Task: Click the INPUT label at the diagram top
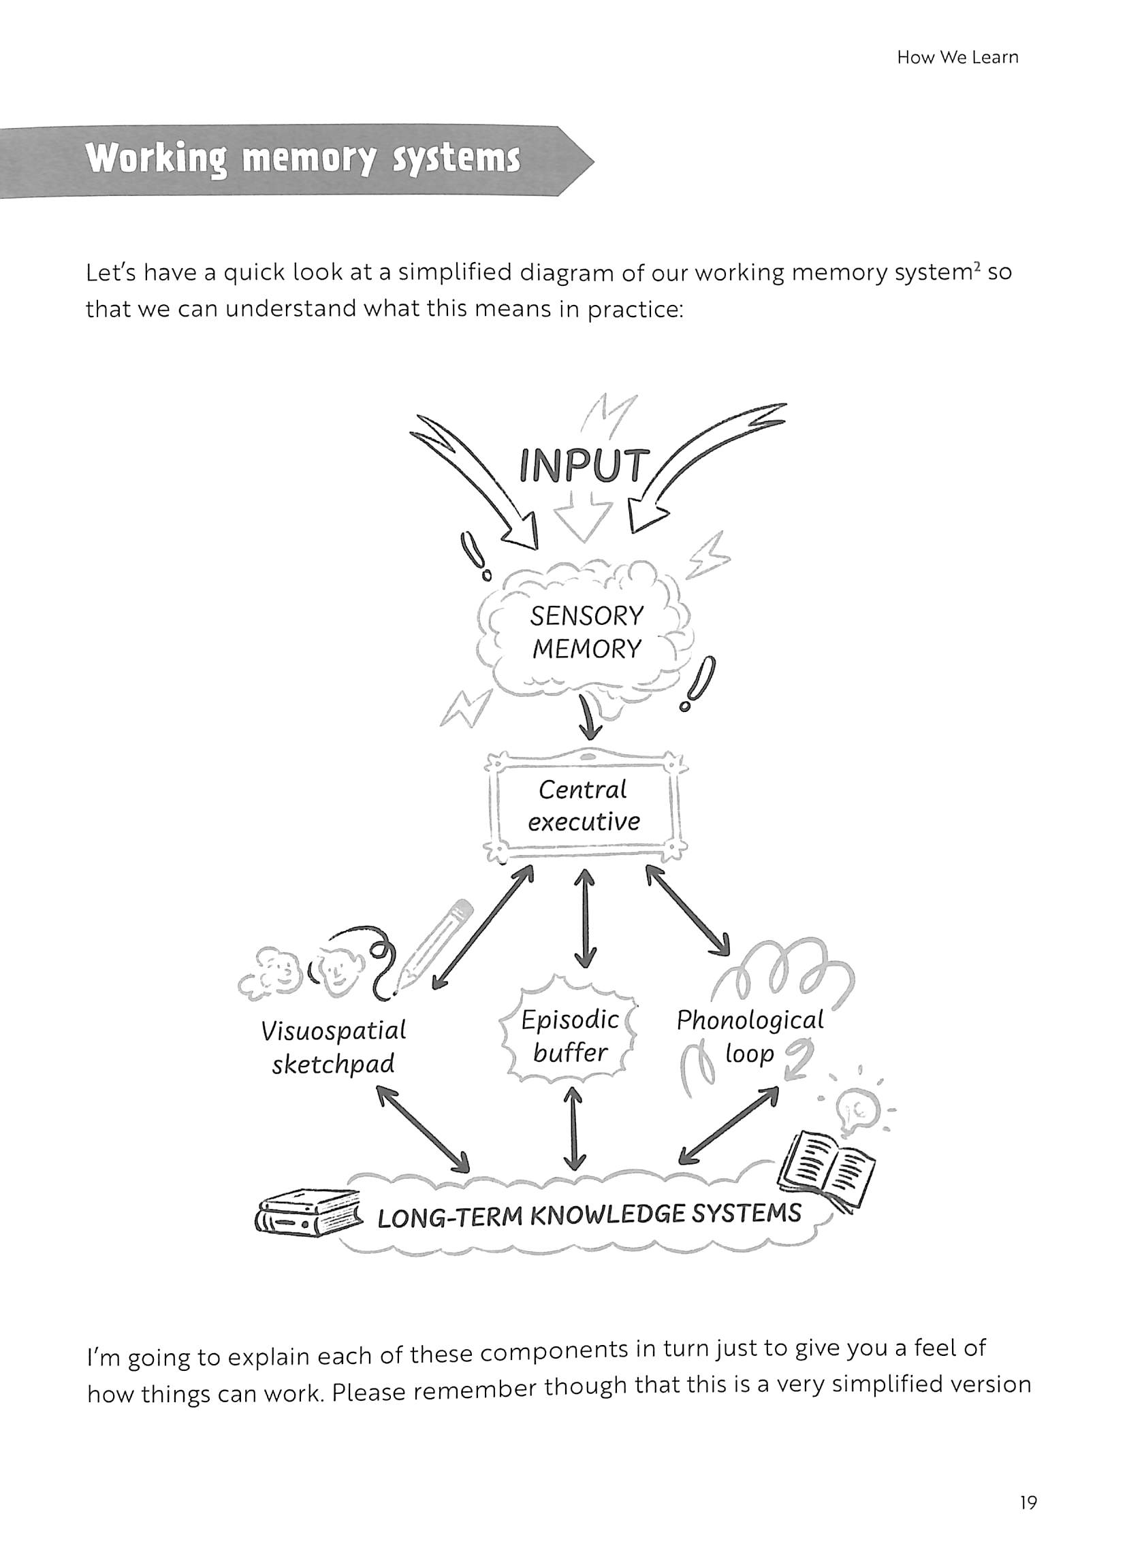[584, 466]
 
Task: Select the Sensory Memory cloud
[586, 632]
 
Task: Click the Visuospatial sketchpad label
[333, 1048]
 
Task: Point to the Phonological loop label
[750, 1036]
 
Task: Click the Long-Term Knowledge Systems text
[588, 1216]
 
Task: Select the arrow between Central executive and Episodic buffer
[586, 918]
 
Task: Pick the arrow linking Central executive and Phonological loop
[688, 910]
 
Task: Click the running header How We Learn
[957, 57]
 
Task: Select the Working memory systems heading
[302, 159]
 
